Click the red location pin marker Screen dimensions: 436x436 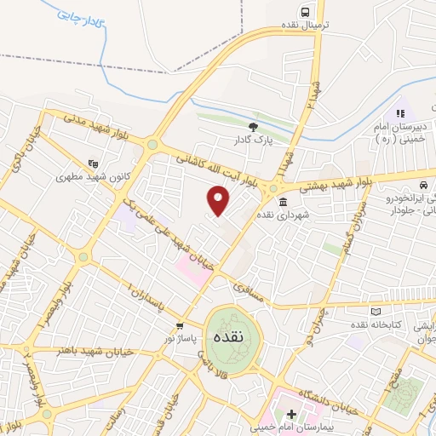tap(219, 199)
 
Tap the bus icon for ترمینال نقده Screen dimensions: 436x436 tap(304, 12)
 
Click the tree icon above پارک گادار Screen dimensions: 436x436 tap(252, 127)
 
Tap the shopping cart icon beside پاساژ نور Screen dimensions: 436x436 tap(179, 326)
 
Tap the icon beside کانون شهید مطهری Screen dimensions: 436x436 tap(93, 163)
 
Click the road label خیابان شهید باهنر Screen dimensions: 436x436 tap(95, 351)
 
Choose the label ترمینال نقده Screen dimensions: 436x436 tap(319, 26)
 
